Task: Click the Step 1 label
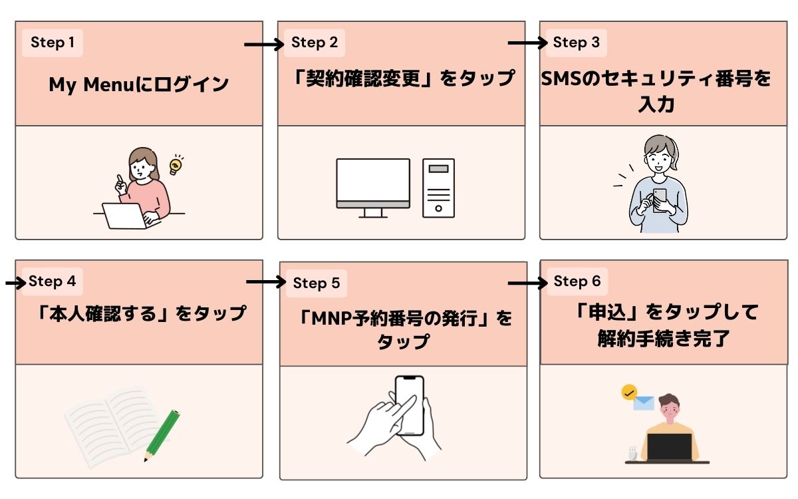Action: [53, 43]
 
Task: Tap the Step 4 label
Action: [53, 281]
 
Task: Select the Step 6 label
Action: [577, 281]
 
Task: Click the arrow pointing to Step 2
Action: [263, 45]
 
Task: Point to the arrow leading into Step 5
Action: [265, 282]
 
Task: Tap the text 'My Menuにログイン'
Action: [138, 85]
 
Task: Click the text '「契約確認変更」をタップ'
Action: [404, 79]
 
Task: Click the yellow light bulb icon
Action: [176, 164]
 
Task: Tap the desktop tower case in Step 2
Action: [438, 188]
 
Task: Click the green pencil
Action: [163, 435]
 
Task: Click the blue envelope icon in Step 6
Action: [643, 402]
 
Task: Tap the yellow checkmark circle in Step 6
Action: [628, 392]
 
